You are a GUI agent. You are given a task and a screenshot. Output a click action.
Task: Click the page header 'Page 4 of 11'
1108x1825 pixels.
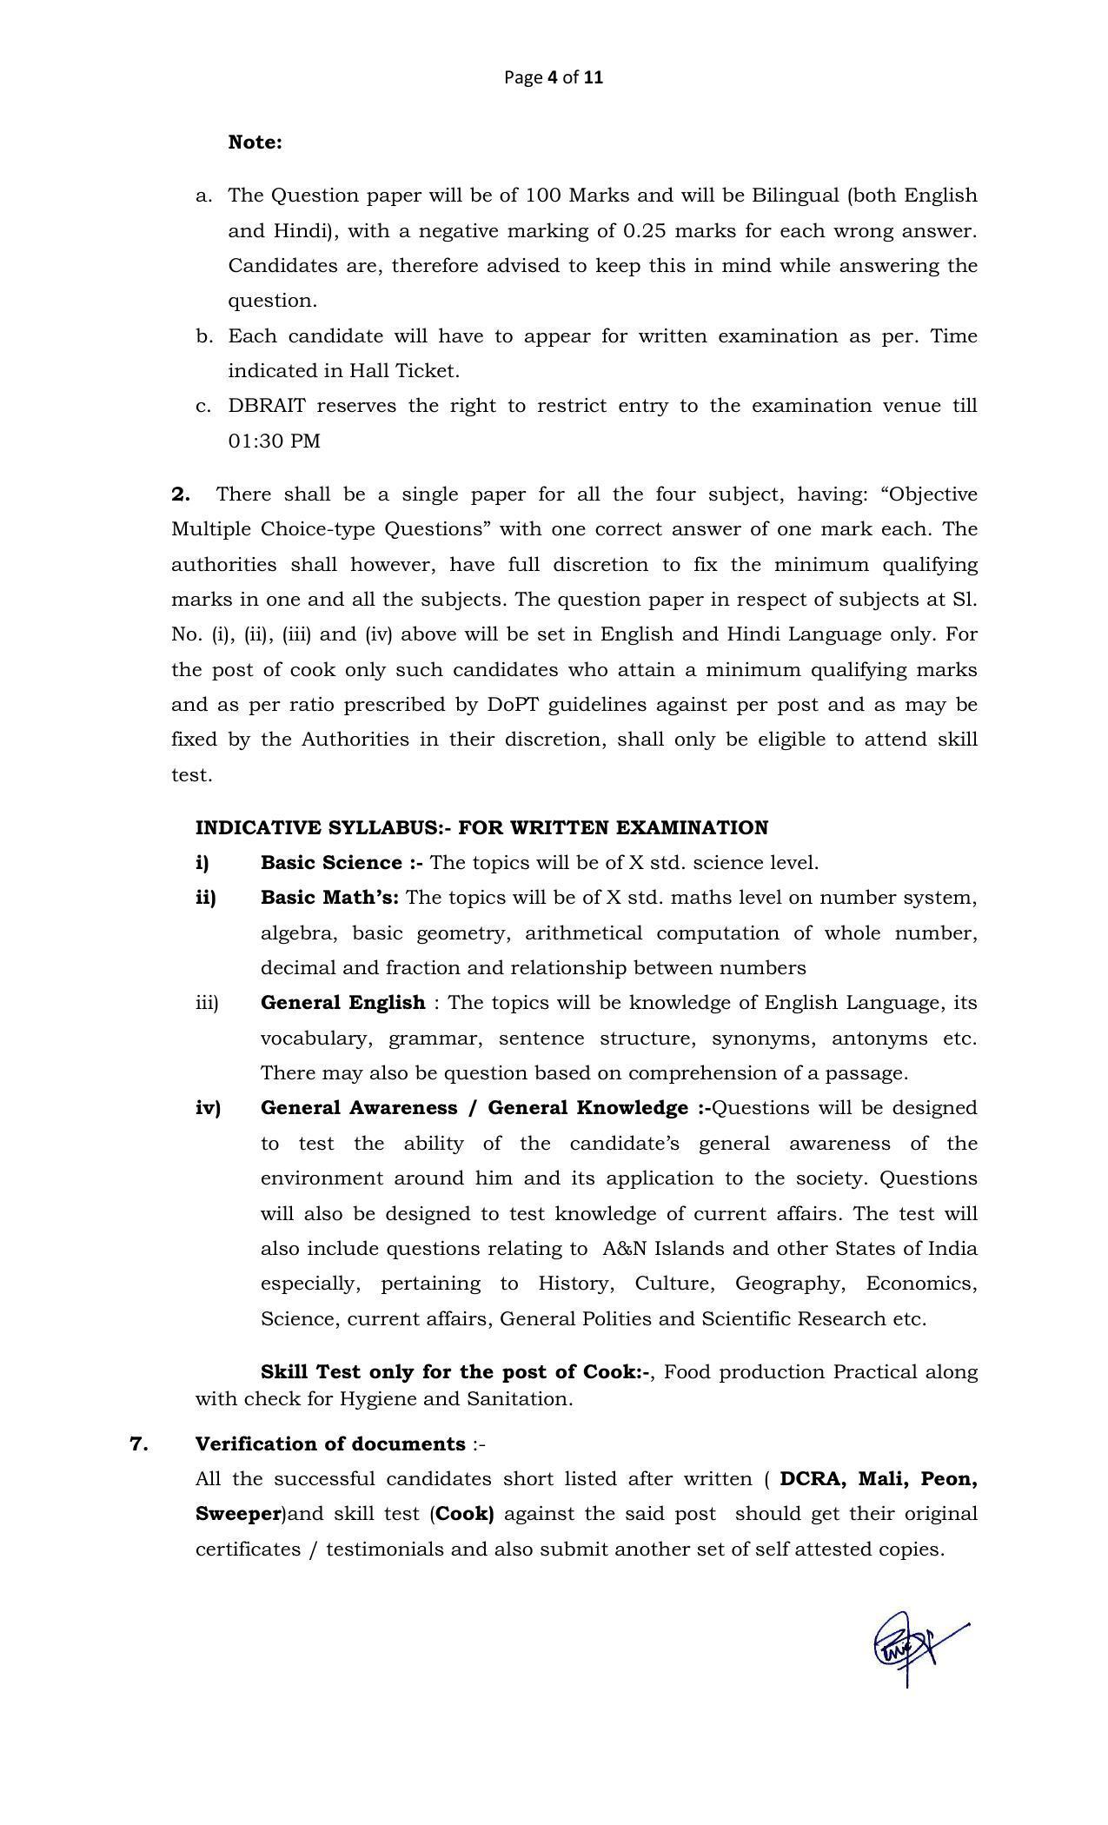pyautogui.click(x=553, y=77)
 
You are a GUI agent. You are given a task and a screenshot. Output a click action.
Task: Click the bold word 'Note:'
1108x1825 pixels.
pyautogui.click(x=255, y=143)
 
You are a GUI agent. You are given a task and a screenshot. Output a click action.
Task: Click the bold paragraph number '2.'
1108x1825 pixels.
pyautogui.click(x=181, y=494)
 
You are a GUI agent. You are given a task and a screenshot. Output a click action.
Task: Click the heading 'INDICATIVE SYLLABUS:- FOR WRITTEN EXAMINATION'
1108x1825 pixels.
pyautogui.click(x=481, y=828)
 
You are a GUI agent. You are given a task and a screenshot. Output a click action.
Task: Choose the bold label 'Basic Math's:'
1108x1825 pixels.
pyautogui.click(x=329, y=898)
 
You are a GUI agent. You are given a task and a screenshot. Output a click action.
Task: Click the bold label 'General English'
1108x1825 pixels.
pyautogui.click(x=342, y=1003)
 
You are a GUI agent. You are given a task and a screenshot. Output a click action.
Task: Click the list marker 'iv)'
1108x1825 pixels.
pyautogui.click(x=208, y=1108)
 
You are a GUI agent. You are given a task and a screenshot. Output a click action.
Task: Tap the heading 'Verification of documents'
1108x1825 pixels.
pyautogui.click(x=330, y=1444)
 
